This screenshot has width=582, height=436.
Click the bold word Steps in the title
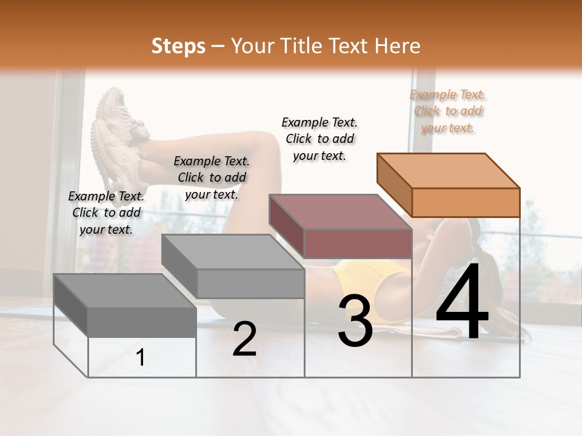178,46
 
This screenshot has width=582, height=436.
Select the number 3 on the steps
355,321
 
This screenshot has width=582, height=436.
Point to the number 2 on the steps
244,339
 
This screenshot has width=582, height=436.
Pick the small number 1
141,358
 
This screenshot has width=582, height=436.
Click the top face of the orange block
449,170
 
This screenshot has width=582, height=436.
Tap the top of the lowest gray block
125,291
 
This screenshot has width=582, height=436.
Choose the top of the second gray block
233,251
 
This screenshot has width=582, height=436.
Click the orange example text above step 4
448,111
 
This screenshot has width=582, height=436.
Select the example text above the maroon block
319,139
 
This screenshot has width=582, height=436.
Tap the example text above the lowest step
106,213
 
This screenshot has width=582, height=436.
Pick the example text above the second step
212,177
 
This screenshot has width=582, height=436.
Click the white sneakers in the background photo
118,139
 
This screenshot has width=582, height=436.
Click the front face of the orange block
466,202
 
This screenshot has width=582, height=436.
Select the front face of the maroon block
358,243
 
